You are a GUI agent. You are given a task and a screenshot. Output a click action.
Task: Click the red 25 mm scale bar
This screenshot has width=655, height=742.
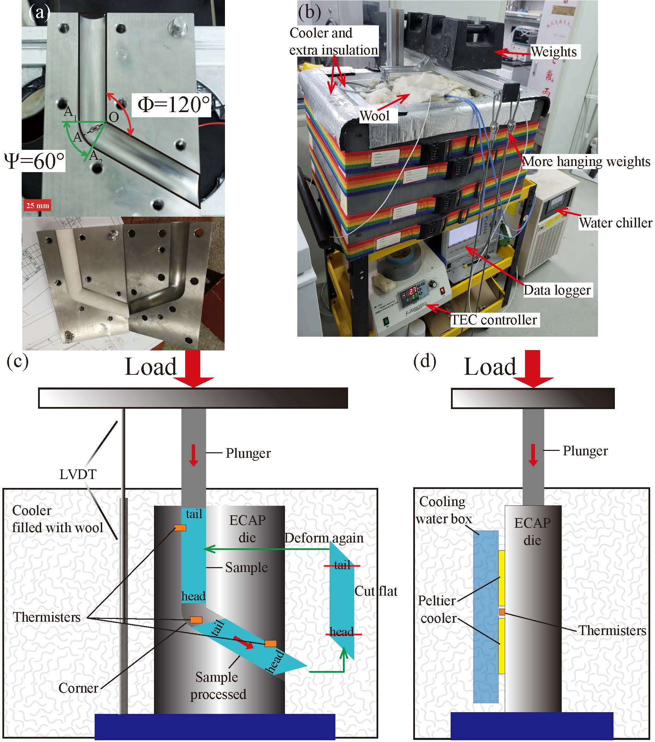[x=37, y=205]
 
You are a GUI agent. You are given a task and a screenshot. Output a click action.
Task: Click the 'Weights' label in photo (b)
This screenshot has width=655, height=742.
[x=554, y=51]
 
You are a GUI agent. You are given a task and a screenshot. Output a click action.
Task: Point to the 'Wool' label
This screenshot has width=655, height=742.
[x=374, y=116]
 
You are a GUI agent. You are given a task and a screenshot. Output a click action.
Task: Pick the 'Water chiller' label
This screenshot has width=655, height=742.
[x=616, y=223]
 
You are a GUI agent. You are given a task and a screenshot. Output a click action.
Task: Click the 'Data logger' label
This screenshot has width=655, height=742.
[x=557, y=290]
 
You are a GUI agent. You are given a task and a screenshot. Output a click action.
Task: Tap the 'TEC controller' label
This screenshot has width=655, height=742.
[x=493, y=320]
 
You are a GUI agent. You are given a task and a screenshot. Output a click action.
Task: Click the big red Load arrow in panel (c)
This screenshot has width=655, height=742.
[x=193, y=369]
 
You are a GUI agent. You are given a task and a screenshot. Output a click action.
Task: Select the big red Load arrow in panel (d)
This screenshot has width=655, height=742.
[x=533, y=369]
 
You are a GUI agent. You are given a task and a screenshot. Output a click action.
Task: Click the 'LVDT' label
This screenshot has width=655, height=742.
[x=78, y=474]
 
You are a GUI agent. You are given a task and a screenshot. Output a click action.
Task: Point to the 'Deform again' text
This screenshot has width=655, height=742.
[x=324, y=538]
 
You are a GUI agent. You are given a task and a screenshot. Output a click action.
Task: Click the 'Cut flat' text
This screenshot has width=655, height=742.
[x=376, y=591]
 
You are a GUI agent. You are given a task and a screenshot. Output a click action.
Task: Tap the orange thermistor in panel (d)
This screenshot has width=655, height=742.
[x=502, y=612]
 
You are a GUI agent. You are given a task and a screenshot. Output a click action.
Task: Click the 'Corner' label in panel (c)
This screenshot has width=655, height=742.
[x=78, y=688]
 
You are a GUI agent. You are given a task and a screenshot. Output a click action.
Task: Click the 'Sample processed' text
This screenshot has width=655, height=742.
[x=218, y=686]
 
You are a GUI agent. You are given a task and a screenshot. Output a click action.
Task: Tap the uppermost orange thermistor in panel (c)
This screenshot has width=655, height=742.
[x=180, y=528]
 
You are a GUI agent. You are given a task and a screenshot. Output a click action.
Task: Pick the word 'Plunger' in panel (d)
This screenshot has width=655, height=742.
[x=585, y=451]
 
